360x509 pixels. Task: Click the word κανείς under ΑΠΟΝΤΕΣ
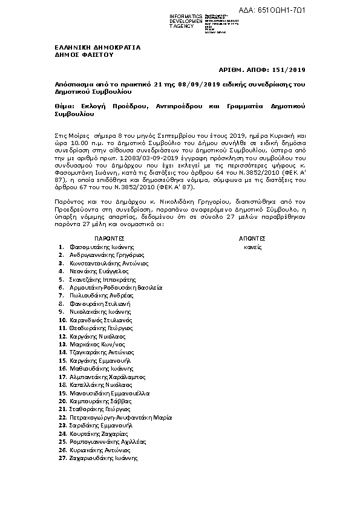coord(252,247)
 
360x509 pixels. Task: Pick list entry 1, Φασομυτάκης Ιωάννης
coord(102,247)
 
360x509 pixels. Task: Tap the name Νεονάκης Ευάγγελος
coord(99,272)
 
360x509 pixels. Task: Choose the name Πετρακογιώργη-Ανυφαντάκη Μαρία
coord(121,417)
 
